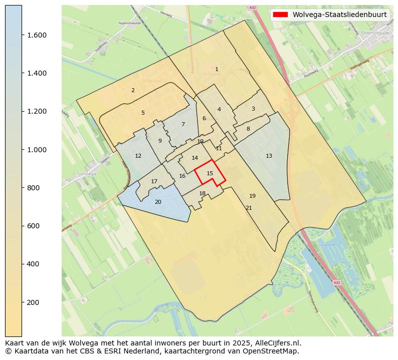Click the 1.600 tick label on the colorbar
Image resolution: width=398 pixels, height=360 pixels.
(x=37, y=35)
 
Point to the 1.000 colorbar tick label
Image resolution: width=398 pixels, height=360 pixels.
(x=37, y=150)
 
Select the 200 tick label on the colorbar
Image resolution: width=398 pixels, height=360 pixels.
(x=33, y=302)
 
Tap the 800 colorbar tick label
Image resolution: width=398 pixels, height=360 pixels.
(x=33, y=188)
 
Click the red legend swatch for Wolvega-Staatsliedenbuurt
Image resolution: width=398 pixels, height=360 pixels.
(x=280, y=15)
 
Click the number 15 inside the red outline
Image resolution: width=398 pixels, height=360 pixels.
(x=210, y=173)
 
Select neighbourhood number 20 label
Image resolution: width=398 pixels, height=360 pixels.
(x=158, y=202)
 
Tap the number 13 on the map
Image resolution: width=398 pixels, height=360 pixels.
(x=269, y=156)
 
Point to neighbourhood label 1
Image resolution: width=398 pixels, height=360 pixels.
(x=217, y=69)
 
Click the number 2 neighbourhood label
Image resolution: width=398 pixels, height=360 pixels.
(x=133, y=90)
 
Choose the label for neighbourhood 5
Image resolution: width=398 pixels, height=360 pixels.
(x=143, y=113)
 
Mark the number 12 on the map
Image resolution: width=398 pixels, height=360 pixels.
(x=138, y=156)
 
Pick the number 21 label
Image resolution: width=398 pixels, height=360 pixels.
(x=249, y=208)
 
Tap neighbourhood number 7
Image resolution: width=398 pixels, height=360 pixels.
(x=183, y=124)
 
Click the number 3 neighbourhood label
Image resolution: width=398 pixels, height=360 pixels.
(x=253, y=109)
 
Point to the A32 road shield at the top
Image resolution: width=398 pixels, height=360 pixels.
(x=252, y=8)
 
